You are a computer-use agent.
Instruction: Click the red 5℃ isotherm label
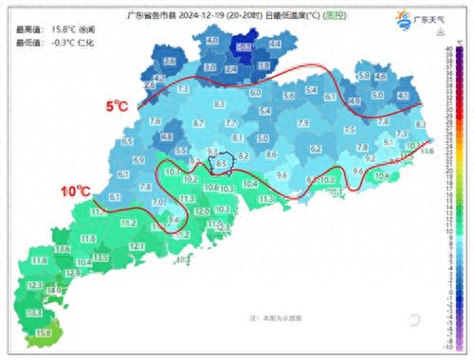118,107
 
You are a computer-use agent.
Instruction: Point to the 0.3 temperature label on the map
244,45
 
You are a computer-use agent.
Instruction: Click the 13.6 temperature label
64,248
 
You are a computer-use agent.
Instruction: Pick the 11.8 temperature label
40,261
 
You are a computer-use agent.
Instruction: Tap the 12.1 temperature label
137,246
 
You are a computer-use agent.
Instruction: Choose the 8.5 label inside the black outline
222,163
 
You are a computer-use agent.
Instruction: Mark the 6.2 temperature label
316,149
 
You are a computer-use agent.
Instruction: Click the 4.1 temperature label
402,96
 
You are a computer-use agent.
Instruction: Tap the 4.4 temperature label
275,45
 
